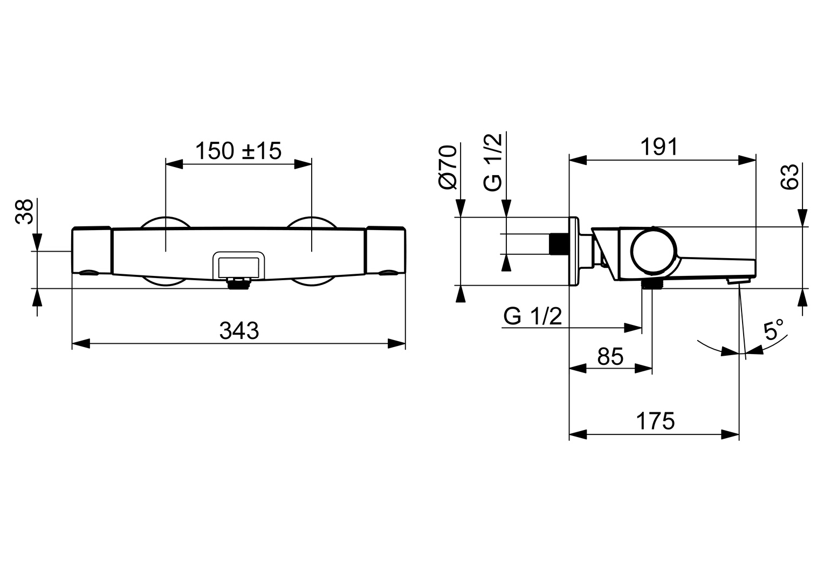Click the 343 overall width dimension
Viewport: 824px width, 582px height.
pos(239,331)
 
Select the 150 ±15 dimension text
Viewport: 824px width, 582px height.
pos(238,151)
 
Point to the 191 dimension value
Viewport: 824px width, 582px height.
pos(659,147)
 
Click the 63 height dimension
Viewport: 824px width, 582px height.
pos(790,177)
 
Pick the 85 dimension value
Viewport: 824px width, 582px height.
pos(610,356)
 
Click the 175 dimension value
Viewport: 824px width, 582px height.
pos(656,421)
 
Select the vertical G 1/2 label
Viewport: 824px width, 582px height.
pos(493,162)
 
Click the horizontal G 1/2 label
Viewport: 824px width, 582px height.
pos(533,316)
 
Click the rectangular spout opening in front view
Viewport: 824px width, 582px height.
pos(239,265)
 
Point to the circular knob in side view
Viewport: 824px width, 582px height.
pos(654,251)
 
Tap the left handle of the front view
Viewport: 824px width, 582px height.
pos(91,251)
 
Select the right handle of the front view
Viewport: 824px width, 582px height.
pos(386,251)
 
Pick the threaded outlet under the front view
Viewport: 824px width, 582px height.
pos(239,284)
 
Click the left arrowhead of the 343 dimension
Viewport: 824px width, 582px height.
pos(81,344)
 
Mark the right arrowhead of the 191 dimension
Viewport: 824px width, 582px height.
pos(747,160)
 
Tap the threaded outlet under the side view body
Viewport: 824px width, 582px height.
pos(652,284)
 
